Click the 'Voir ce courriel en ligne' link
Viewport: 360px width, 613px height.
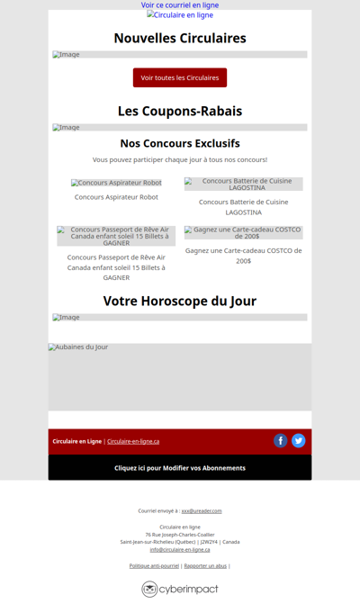tap(180, 5)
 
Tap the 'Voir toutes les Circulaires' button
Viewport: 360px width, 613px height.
tap(180, 77)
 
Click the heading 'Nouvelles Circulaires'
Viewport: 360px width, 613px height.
tap(180, 38)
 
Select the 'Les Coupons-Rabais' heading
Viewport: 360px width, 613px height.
tap(180, 111)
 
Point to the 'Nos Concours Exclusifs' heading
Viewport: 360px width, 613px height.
tap(180, 143)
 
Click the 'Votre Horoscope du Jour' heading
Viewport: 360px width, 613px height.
tap(180, 301)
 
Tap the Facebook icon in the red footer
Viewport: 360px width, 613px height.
tap(281, 440)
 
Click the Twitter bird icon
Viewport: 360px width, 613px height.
tap(298, 440)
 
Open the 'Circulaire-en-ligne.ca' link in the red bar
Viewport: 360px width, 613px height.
tap(133, 441)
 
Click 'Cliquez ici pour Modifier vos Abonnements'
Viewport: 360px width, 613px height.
tap(180, 468)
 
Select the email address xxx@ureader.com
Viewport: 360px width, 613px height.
tap(202, 510)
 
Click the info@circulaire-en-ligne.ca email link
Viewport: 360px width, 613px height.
tap(180, 549)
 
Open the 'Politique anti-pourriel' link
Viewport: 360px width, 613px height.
tap(154, 565)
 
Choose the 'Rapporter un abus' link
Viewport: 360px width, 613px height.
tap(205, 565)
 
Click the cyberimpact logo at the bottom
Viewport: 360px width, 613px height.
tap(180, 589)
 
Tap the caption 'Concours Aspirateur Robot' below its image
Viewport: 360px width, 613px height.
tap(116, 196)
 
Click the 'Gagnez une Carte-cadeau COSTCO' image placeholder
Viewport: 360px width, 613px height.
tap(243, 232)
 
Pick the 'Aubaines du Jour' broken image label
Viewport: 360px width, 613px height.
tap(78, 347)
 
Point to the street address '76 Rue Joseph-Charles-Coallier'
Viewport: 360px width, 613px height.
tap(180, 535)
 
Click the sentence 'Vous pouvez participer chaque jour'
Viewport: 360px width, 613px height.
tap(180, 159)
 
